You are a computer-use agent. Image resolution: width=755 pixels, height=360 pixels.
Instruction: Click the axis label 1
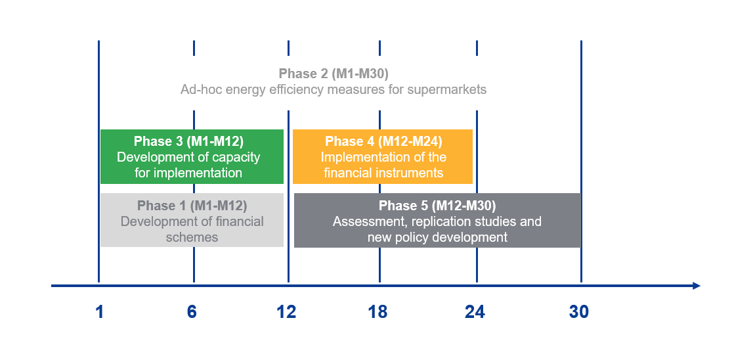100,312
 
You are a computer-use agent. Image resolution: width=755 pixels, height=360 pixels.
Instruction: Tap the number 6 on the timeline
192,312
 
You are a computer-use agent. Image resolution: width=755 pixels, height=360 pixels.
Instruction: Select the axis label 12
286,312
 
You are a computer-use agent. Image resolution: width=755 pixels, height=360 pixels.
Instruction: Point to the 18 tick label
378,312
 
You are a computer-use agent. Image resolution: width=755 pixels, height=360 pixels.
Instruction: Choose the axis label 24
475,312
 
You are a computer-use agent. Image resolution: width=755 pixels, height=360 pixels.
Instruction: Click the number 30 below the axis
579,312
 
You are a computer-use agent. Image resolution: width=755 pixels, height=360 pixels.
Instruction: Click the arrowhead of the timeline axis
697,286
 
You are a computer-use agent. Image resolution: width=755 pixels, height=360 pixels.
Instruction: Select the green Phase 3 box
192,156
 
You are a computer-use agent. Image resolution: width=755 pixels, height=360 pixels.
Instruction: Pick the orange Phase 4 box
383,156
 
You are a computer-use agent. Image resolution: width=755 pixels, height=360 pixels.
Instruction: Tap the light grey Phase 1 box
192,220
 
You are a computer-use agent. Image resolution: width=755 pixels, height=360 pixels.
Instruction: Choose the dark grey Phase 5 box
438,220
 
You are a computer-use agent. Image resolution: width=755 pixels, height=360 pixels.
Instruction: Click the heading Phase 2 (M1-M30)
334,74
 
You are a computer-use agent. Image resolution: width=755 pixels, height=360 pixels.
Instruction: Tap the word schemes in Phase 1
192,237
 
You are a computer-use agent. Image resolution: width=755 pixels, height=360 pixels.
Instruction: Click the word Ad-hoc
198,89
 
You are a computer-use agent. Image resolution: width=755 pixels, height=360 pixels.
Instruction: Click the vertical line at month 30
581,162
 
